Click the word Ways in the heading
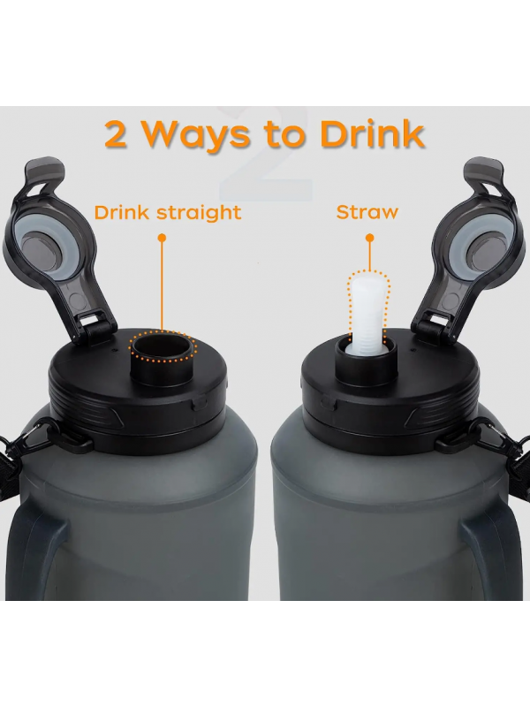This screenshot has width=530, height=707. coord(196,134)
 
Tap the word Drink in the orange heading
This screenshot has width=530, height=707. coord(372,133)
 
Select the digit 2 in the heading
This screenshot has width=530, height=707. coord(116,134)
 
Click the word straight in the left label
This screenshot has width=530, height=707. coord(199,213)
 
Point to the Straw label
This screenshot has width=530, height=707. coord(367,212)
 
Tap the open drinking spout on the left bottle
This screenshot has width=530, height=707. coord(163,356)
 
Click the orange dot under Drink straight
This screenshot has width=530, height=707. coord(163,238)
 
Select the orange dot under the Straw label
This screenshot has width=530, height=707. coord(369,238)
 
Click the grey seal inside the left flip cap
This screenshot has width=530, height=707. coord(41,247)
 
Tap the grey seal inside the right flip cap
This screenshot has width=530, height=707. coord(489,247)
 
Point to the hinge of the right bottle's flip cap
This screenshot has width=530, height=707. coord(434,329)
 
